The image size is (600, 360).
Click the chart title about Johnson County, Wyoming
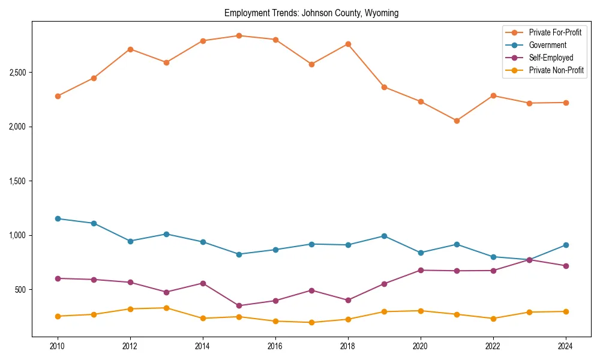pyautogui.click(x=311, y=13)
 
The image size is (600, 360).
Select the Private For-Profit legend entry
pyautogui.click(x=555, y=32)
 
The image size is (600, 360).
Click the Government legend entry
pyautogui.click(x=547, y=45)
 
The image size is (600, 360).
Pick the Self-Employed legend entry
pyautogui.click(x=551, y=58)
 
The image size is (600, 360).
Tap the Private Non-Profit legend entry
pyautogui.click(x=556, y=70)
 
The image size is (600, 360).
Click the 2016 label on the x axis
pyautogui.click(x=275, y=346)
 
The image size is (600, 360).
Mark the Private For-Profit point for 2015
pyautogui.click(x=239, y=35)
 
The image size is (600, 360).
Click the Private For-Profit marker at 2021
pyautogui.click(x=457, y=121)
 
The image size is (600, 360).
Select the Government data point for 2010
pyautogui.click(x=58, y=218)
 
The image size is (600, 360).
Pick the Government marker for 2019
pyautogui.click(x=384, y=236)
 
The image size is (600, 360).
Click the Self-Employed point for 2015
pyautogui.click(x=239, y=305)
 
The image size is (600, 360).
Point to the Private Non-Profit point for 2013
pyautogui.click(x=166, y=308)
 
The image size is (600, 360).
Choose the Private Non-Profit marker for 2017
pyautogui.click(x=311, y=322)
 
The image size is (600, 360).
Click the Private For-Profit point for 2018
pyautogui.click(x=348, y=44)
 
